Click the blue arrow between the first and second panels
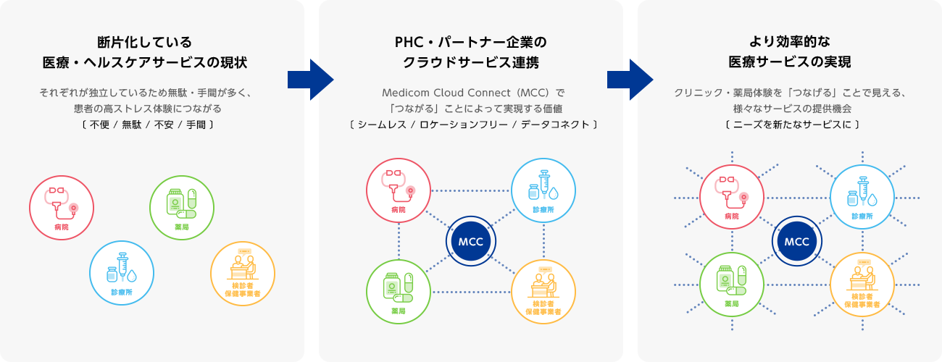tap(309, 79)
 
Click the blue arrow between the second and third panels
tap(629, 79)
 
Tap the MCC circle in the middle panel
tap(471, 241)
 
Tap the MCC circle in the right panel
tap(796, 241)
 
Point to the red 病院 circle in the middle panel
tap(399, 190)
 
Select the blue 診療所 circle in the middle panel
tap(543, 190)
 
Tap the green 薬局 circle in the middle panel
tap(399, 291)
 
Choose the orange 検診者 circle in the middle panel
tap(543, 291)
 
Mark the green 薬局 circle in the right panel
tap(732, 285)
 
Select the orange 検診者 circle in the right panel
tap(862, 285)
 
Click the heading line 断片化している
tap(145, 41)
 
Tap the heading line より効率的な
tap(790, 41)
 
